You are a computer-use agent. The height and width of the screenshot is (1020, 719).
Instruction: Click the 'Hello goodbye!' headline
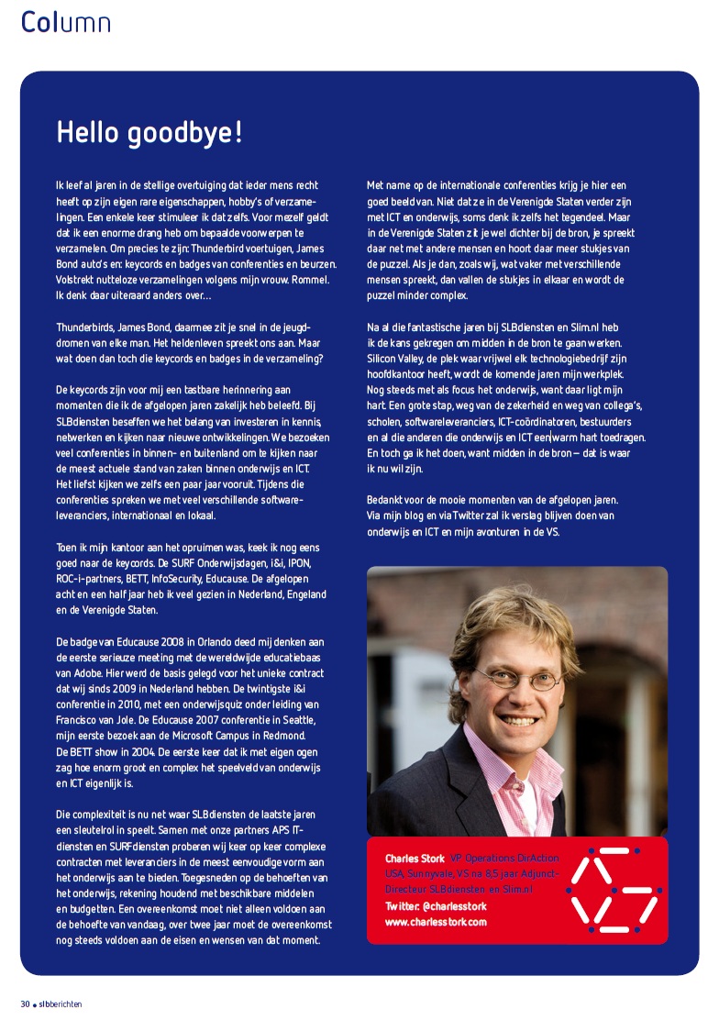pyautogui.click(x=149, y=133)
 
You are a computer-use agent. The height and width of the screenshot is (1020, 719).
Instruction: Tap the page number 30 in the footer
pyautogui.click(x=26, y=1003)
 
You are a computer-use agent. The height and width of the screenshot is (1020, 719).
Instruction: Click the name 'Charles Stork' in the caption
pyautogui.click(x=415, y=859)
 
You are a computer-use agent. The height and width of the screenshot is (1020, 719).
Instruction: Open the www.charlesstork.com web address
pyautogui.click(x=436, y=922)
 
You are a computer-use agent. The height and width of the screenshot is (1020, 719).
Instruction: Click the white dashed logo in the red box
pyautogui.click(x=612, y=886)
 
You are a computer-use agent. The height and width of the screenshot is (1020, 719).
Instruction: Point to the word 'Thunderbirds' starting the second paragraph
pyautogui.click(x=84, y=327)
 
